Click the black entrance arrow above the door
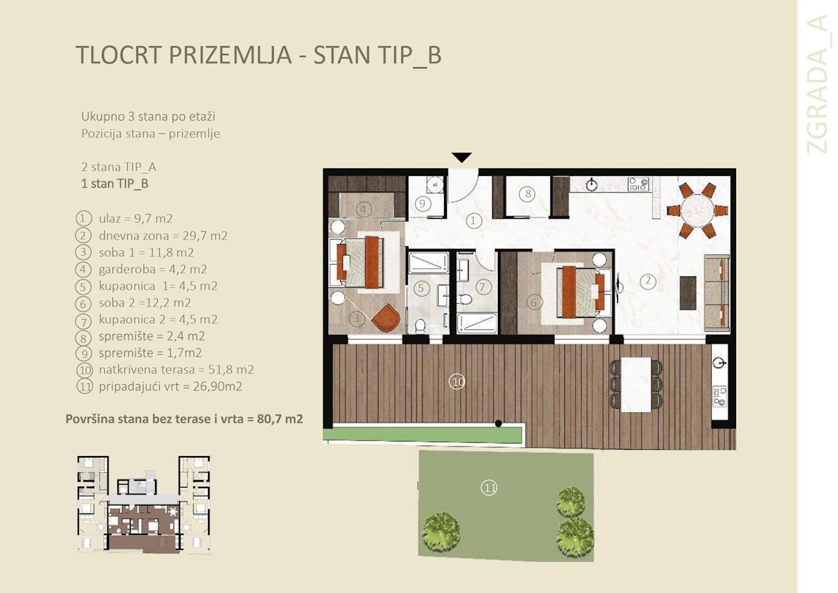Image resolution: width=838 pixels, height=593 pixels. click(462, 158)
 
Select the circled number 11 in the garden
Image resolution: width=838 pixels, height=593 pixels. click(489, 488)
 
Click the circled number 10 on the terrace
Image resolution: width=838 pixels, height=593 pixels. click(457, 381)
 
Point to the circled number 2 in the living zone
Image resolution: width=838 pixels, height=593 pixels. click(648, 281)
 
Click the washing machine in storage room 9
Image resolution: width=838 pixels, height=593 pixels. click(435, 184)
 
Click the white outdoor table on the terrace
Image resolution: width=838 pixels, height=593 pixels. click(636, 383)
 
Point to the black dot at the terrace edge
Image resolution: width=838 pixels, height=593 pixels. click(498, 423)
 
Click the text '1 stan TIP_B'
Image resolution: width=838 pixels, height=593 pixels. click(115, 184)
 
